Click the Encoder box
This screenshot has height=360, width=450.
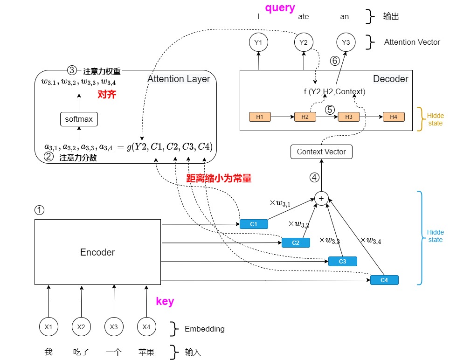click(x=97, y=252)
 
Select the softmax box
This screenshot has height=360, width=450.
click(x=79, y=119)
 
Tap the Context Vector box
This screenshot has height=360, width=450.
click(x=321, y=152)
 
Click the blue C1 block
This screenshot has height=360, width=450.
click(x=254, y=224)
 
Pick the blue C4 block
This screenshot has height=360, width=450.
click(x=384, y=280)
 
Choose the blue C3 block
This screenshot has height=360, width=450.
click(x=342, y=261)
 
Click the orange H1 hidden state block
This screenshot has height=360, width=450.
click(x=260, y=117)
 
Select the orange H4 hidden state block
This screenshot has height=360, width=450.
click(x=394, y=117)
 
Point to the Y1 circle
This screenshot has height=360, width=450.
click(x=258, y=42)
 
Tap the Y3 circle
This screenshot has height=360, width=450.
click(x=346, y=42)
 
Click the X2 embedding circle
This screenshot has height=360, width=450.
click(x=81, y=327)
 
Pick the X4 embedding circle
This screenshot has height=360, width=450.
click(x=146, y=327)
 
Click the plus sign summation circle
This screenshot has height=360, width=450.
click(x=321, y=198)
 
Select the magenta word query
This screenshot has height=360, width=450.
click(x=280, y=7)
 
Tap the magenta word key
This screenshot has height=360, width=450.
click(x=165, y=301)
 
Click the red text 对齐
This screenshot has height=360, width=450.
click(x=106, y=94)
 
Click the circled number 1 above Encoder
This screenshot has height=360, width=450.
click(x=40, y=210)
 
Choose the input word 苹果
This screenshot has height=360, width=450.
click(x=146, y=352)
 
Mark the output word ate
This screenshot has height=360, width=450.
click(x=303, y=17)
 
